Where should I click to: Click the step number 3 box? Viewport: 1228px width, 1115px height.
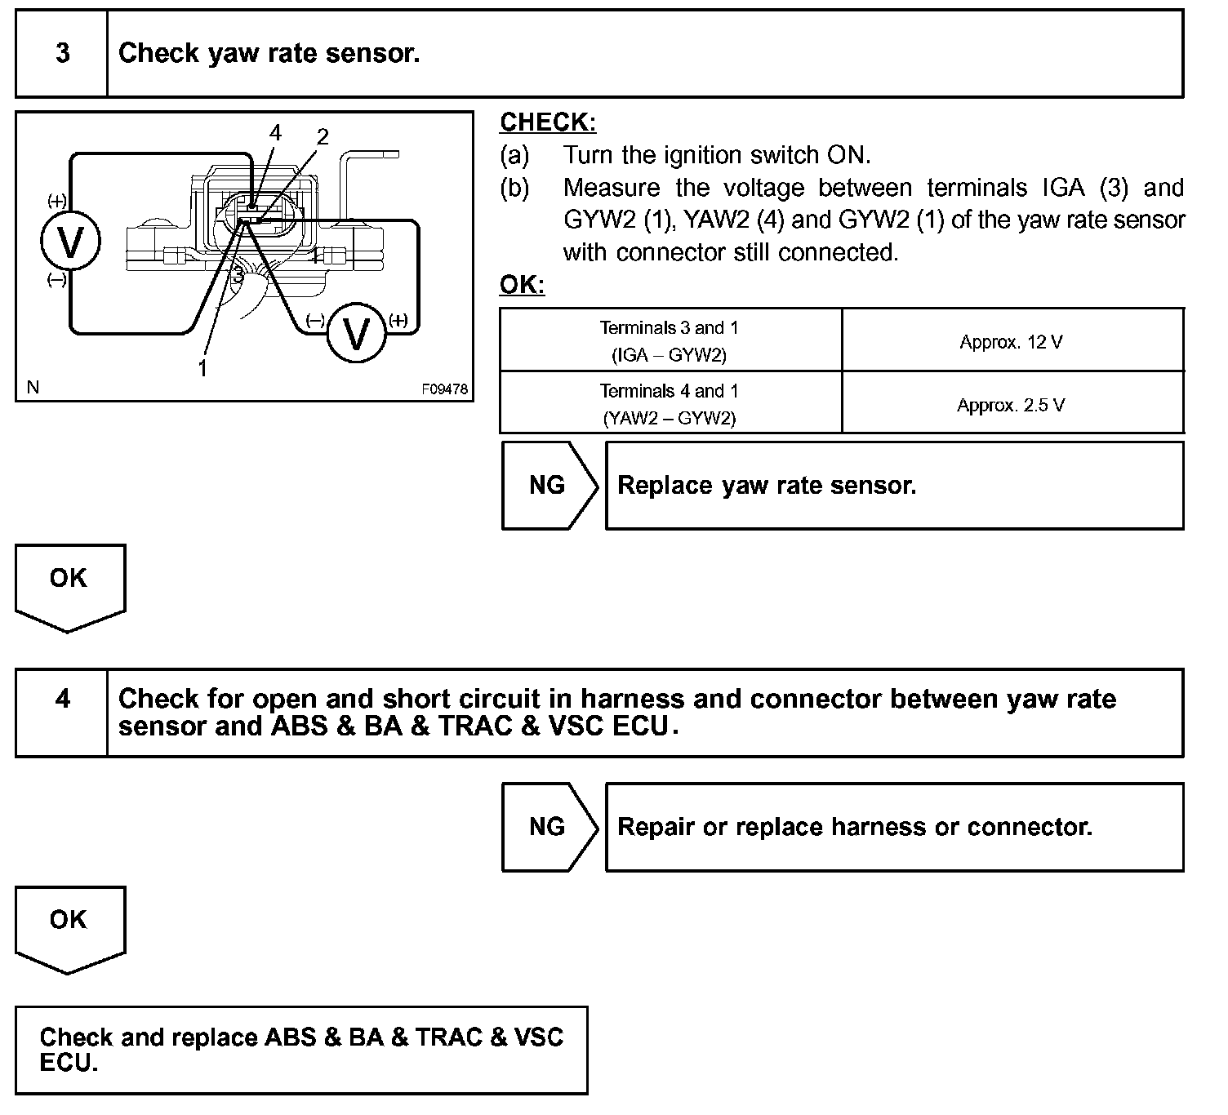click(x=62, y=54)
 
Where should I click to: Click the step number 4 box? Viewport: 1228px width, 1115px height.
click(x=62, y=713)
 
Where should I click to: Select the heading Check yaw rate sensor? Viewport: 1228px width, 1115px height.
click(x=269, y=54)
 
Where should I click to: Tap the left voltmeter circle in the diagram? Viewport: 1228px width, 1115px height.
click(x=70, y=242)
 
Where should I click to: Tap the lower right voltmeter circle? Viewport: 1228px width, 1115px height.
click(x=355, y=332)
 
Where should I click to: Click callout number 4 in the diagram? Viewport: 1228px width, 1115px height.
click(x=275, y=133)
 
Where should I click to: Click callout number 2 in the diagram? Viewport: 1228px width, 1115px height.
click(x=323, y=137)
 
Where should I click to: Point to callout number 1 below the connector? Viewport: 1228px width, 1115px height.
click(x=202, y=368)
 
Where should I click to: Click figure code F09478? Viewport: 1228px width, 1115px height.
click(x=445, y=389)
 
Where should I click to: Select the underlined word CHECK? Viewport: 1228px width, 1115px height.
click(x=548, y=122)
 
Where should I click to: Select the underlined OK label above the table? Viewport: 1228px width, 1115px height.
click(x=522, y=286)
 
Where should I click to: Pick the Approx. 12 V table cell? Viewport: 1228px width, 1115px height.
click(x=1012, y=342)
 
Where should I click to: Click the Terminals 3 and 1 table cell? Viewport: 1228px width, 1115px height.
click(x=670, y=340)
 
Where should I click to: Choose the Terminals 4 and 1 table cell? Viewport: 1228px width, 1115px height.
click(x=670, y=404)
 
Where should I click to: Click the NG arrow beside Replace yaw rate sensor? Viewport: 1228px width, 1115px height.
click(x=548, y=486)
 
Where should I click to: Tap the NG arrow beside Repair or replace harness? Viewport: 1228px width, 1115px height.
click(x=548, y=827)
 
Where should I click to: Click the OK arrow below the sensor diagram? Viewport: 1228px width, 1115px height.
click(x=69, y=584)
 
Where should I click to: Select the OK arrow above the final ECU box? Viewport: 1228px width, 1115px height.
click(x=69, y=926)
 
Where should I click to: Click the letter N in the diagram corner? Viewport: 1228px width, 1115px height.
click(x=33, y=387)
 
